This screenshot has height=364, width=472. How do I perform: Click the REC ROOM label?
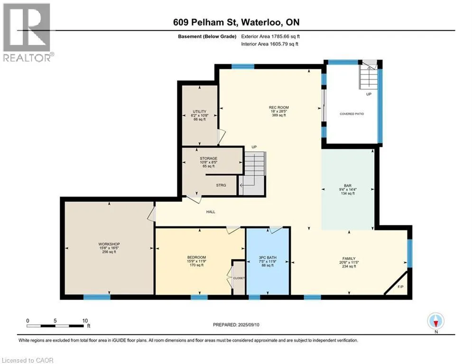(279, 108)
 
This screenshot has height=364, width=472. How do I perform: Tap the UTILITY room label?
(200, 111)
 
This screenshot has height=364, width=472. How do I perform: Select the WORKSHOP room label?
(109, 244)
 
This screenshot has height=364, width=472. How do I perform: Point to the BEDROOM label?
(196, 257)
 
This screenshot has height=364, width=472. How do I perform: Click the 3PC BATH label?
(268, 258)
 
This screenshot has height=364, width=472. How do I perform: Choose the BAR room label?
(348, 186)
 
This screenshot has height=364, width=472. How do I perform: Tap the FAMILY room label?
(349, 258)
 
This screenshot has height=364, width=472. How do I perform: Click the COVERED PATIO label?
(352, 114)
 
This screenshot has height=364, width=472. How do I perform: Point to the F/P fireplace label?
(400, 287)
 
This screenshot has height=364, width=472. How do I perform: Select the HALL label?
(211, 212)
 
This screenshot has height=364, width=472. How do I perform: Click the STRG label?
(221, 185)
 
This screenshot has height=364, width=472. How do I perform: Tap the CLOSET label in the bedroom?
(239, 278)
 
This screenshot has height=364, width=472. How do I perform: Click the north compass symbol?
(435, 321)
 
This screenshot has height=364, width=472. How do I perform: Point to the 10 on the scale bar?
(85, 321)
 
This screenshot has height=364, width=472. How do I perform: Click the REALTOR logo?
(28, 32)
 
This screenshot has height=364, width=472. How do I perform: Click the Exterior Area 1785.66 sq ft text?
(270, 36)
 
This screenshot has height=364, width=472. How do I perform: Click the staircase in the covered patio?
(368, 76)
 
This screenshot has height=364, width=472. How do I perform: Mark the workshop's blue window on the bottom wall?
(97, 297)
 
